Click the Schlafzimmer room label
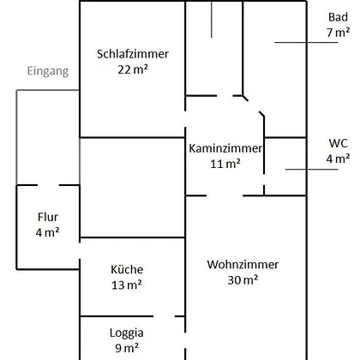coord(133,54)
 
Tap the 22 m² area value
coord(133,69)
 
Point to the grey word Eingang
coord(48,71)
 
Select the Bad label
coord(338,17)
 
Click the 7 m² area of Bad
coord(338,33)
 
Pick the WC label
coord(338,143)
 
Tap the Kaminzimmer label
coord(225,148)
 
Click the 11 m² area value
coord(225,164)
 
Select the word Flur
coord(48,217)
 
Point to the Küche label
coord(127,269)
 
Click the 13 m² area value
coord(127,285)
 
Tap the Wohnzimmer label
coord(243,265)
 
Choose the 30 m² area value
coord(243,280)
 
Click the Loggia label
coord(127,333)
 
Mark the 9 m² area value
coord(127,348)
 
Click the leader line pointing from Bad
coord(306,43)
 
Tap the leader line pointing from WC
coord(312,170)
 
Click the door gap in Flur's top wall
coord(48,185)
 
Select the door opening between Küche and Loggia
coord(164,316)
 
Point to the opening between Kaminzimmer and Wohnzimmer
coord(225,195)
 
